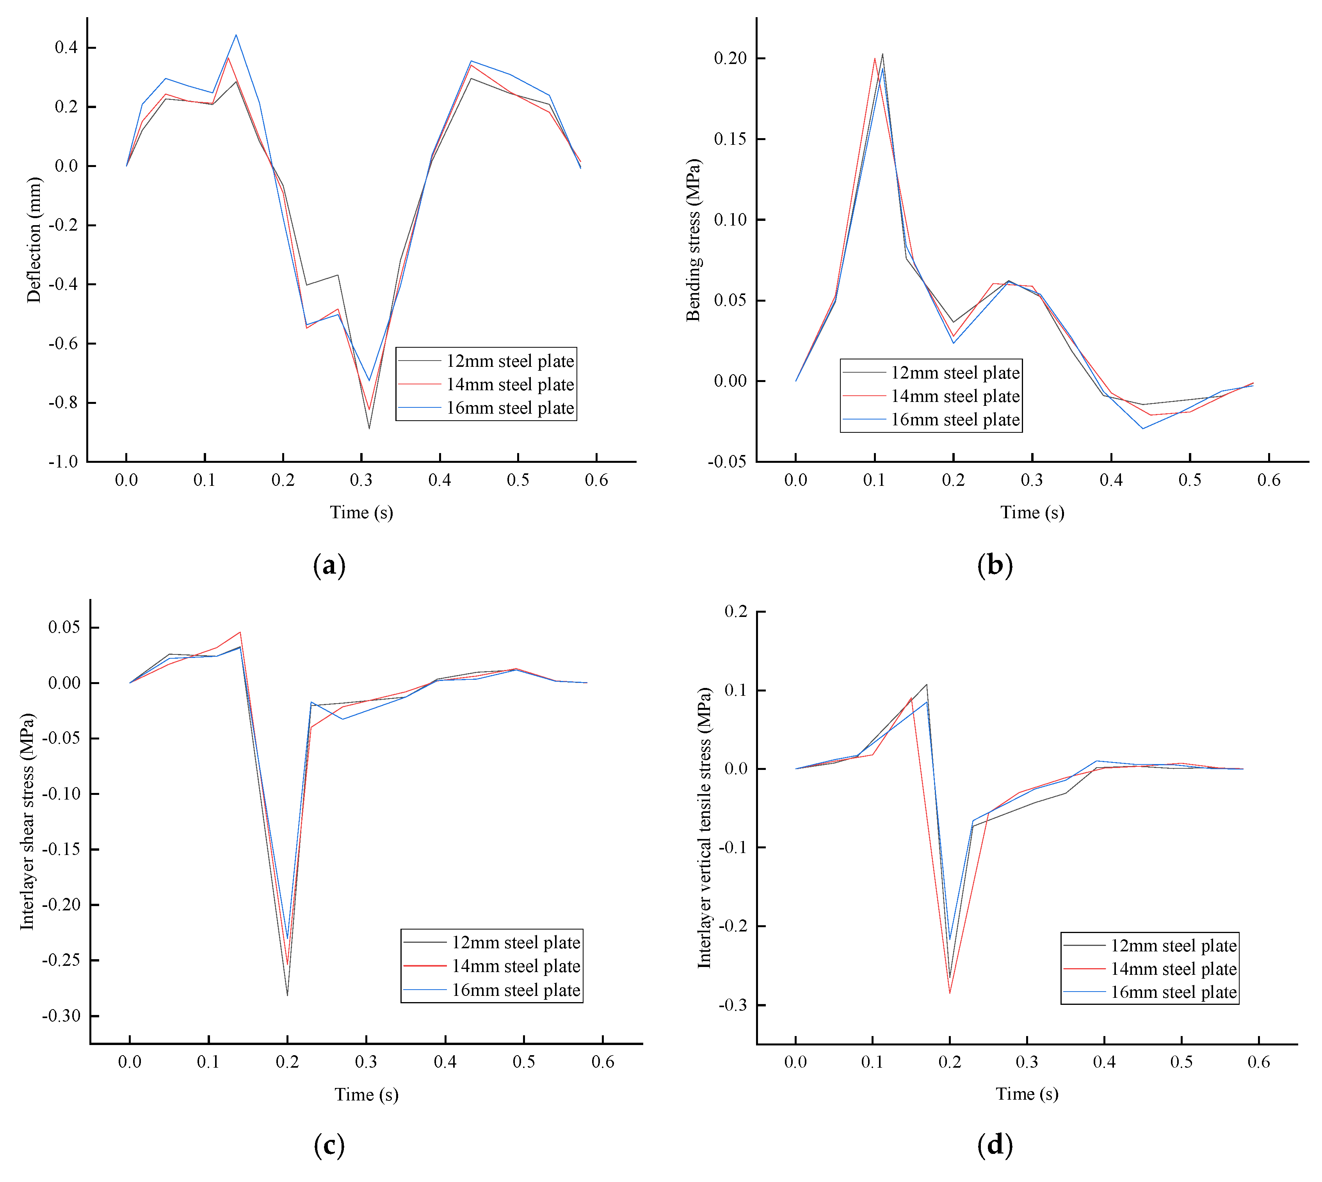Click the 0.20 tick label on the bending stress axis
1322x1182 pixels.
click(x=730, y=59)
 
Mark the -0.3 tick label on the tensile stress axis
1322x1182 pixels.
click(x=733, y=1005)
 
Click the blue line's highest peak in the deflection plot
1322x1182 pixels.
click(x=236, y=35)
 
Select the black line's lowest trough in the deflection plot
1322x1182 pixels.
click(x=369, y=428)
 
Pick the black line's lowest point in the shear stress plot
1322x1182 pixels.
click(x=287, y=995)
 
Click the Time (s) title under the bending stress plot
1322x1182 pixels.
click(x=1032, y=512)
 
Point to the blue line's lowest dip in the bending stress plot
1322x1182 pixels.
click(x=1143, y=428)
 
